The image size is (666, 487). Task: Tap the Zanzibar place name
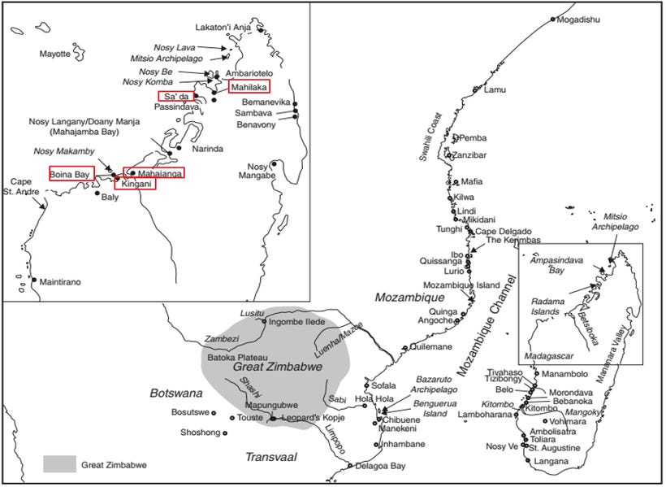(x=469, y=154)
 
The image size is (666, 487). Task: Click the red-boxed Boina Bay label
(x=71, y=173)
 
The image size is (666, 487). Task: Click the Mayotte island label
(x=55, y=54)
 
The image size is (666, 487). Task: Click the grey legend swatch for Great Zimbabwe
(x=58, y=465)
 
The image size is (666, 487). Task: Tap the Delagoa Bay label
(x=381, y=466)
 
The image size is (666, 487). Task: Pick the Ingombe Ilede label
(x=297, y=322)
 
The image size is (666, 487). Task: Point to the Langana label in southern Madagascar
(x=551, y=461)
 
